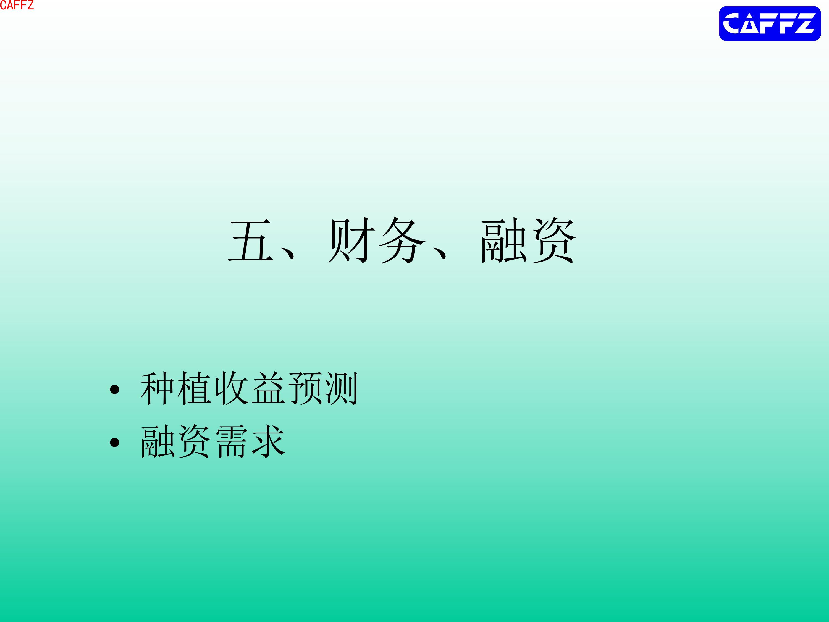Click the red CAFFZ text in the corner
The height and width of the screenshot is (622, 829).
click(17, 5)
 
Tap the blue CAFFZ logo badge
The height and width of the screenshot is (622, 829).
click(770, 23)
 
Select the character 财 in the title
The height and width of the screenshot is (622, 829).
click(351, 240)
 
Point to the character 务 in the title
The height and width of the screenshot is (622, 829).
click(403, 240)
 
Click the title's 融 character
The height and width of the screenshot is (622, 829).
click(504, 240)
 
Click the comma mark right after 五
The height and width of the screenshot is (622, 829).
click(288, 253)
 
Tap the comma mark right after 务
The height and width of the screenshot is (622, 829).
click(440, 253)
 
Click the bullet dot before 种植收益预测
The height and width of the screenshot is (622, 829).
click(115, 390)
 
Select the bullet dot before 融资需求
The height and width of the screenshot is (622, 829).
click(115, 442)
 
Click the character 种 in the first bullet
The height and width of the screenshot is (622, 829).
click(157, 388)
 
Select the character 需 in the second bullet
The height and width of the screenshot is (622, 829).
click(232, 441)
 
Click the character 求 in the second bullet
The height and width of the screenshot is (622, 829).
click(268, 441)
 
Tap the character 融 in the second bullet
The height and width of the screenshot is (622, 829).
click(158, 441)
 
